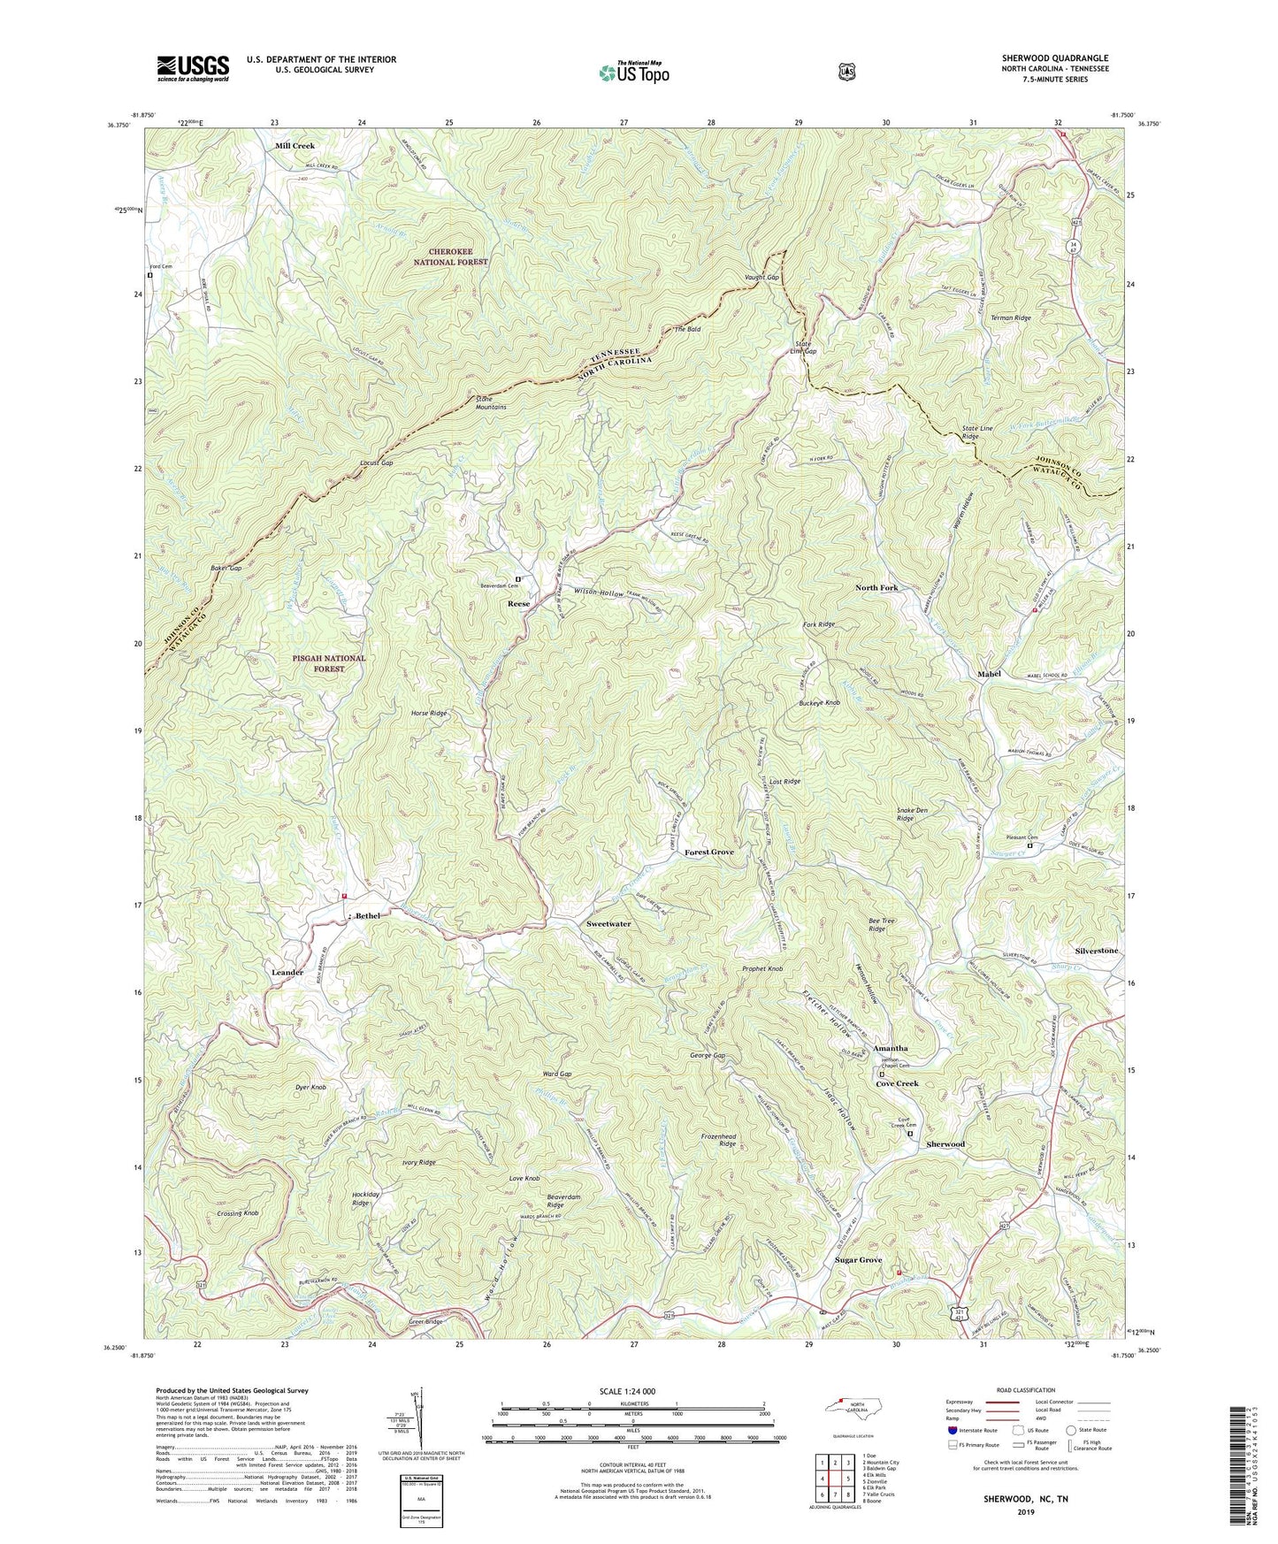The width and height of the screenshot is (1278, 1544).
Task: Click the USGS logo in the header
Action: [193, 68]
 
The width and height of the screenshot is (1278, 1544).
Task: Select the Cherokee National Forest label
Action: [453, 256]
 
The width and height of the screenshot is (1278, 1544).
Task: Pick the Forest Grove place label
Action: [709, 852]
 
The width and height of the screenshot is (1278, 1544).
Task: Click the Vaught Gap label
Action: [761, 278]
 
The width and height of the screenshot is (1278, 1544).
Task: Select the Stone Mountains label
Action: [491, 402]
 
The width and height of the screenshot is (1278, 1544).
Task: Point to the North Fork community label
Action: [876, 587]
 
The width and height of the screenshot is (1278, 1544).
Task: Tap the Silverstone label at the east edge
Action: [1097, 951]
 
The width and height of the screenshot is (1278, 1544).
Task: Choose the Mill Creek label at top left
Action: [295, 145]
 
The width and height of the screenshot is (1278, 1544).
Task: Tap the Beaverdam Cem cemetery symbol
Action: [518, 579]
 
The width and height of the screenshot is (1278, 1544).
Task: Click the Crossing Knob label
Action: [237, 1214]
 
